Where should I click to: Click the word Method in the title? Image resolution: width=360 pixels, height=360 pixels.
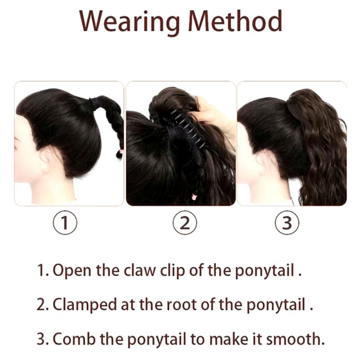click(x=235, y=21)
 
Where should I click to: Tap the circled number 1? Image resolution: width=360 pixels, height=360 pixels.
click(x=65, y=222)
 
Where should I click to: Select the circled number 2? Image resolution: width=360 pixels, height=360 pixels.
click(x=184, y=222)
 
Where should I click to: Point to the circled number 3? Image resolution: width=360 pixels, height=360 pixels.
click(x=287, y=222)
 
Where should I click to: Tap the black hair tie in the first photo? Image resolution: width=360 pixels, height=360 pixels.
click(x=93, y=103)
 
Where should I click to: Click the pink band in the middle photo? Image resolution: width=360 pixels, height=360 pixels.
click(x=194, y=197)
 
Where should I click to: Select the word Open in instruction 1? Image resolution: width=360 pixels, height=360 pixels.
click(x=72, y=270)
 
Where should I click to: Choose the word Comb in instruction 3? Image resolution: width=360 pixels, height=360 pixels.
click(x=74, y=339)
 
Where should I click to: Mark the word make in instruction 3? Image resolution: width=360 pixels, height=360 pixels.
click(x=229, y=339)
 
